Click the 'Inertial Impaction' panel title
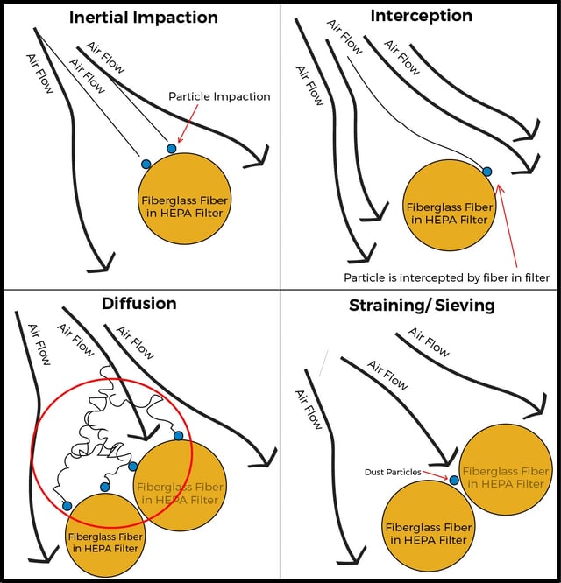[144, 18]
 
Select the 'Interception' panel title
[421, 16]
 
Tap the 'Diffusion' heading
[138, 304]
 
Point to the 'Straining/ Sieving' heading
[422, 306]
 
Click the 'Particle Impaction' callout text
[219, 96]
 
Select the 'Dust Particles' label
[393, 472]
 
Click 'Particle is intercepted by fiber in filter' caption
[447, 277]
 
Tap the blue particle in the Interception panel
[486, 172]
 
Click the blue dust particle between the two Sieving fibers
[454, 480]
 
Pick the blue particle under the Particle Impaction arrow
[171, 149]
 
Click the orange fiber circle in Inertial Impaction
[185, 199]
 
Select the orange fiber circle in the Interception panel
[450, 205]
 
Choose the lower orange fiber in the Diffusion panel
[105, 536]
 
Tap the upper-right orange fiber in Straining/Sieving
[506, 469]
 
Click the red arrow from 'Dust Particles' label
[436, 475]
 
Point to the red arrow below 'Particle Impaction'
[188, 123]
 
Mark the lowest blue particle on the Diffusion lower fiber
[67, 506]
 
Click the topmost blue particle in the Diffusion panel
[179, 436]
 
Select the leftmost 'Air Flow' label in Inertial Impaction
[39, 74]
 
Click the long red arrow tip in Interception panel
[499, 184]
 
